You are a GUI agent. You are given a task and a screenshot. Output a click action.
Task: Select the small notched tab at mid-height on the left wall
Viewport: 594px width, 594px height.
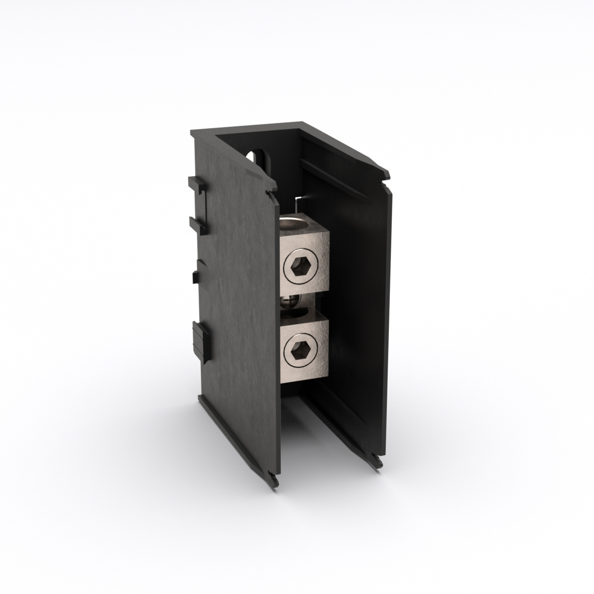click(x=195, y=274)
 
